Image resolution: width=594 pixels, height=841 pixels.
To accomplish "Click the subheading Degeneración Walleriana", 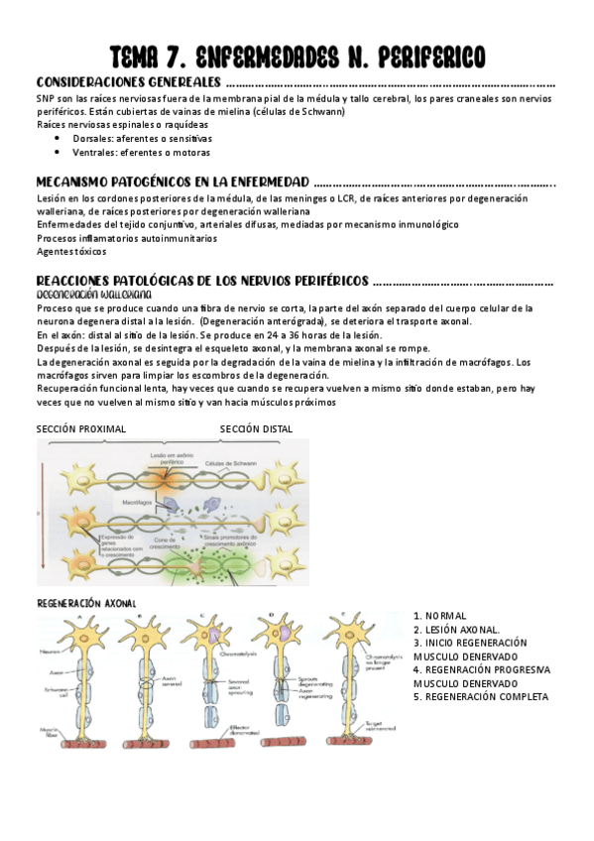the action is click(93, 295).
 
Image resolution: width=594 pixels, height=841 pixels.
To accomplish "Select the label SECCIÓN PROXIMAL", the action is click(81, 428).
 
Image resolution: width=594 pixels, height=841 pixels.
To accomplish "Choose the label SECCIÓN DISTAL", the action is click(256, 428).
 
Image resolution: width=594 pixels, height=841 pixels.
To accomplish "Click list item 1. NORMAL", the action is click(440, 616).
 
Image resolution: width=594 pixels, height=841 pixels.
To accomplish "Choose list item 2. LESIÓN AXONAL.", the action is click(457, 630).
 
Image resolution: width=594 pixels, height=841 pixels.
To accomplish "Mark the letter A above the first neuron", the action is click(81, 615).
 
